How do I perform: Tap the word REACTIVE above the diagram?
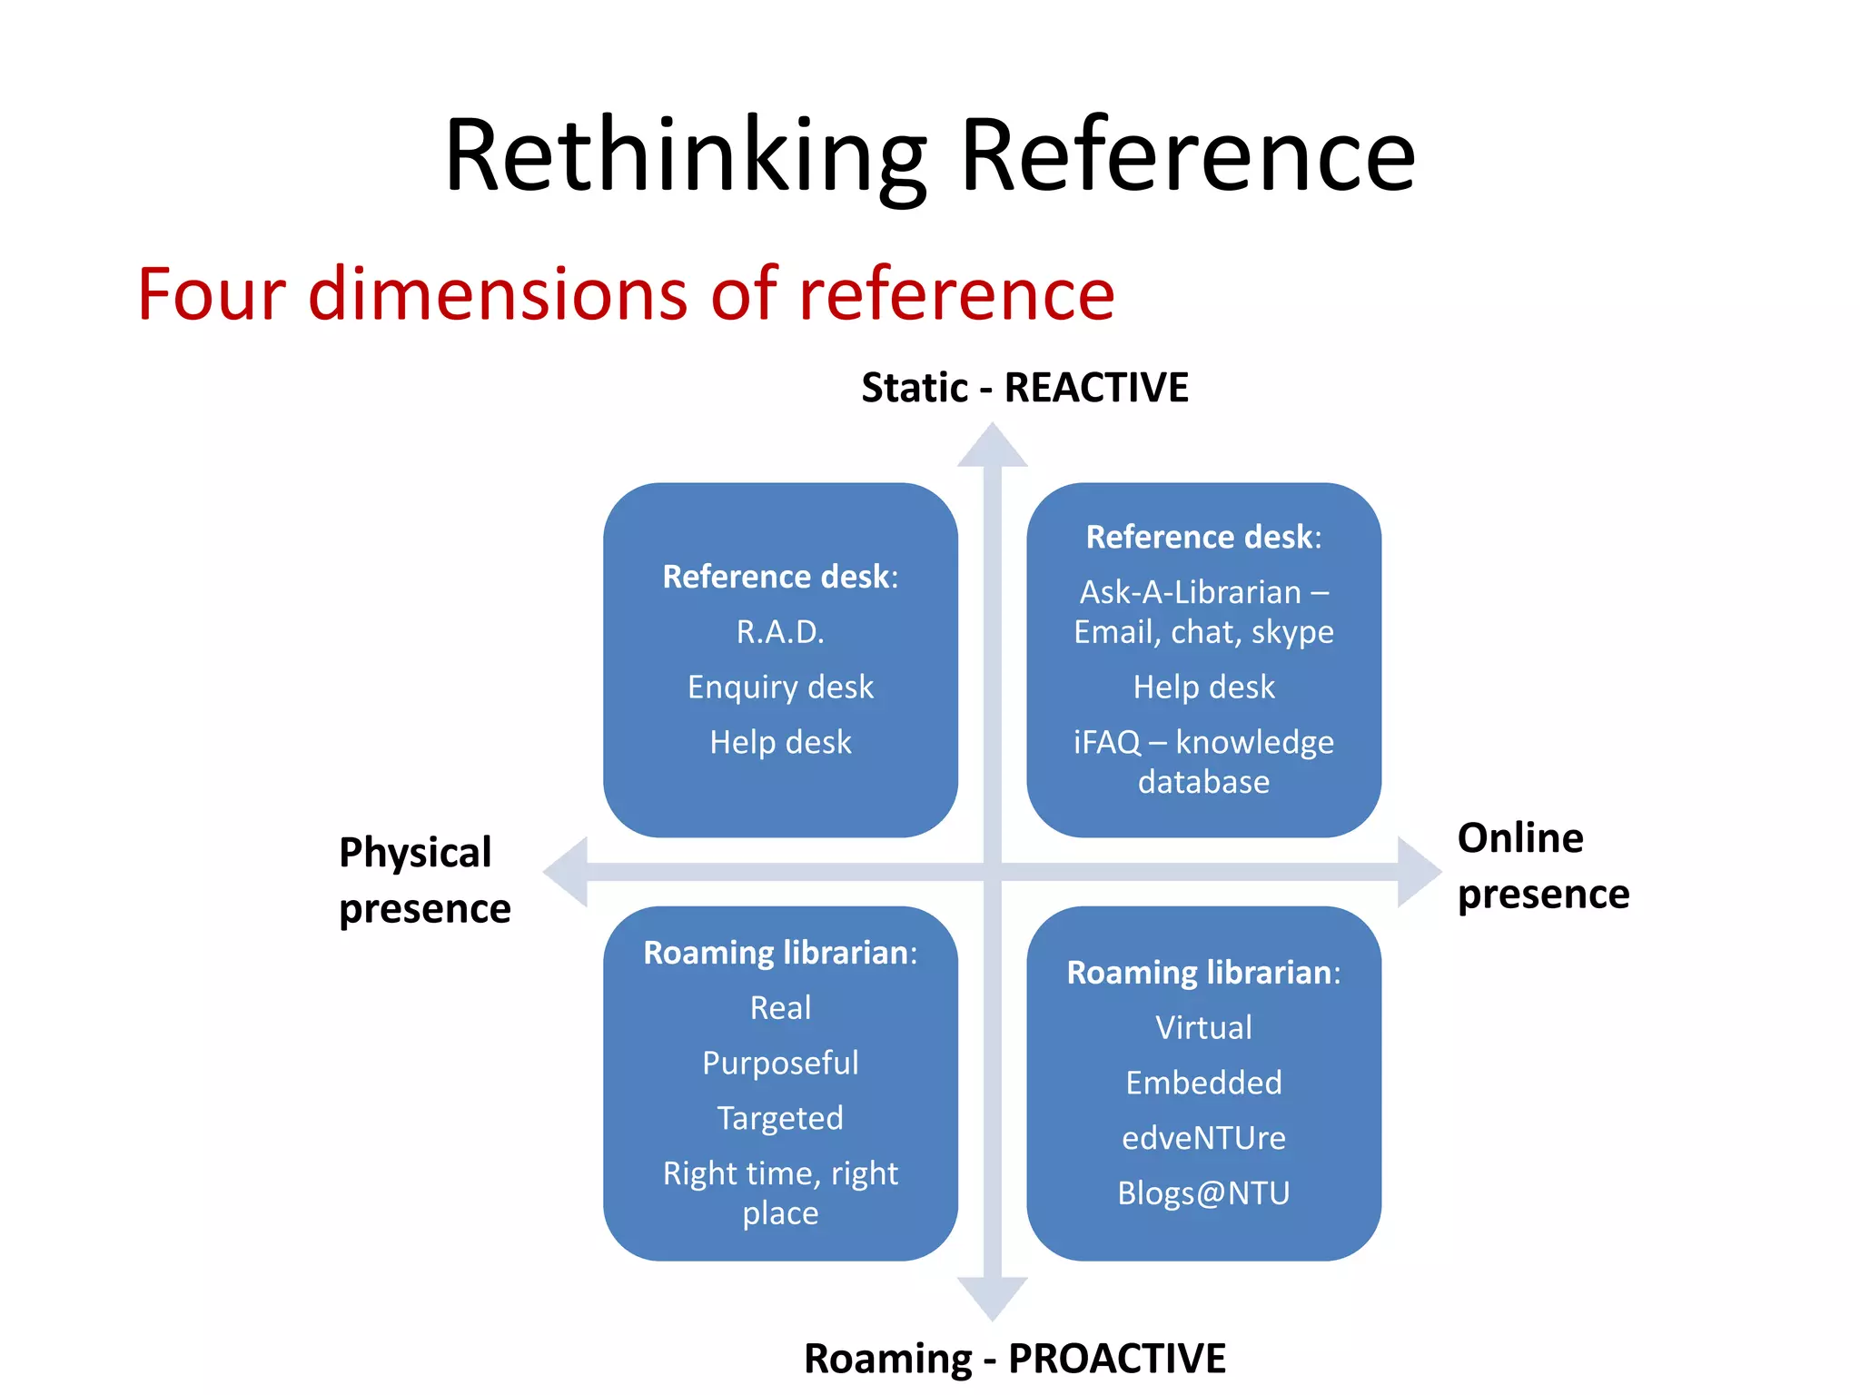(1096, 388)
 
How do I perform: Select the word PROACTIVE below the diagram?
(1117, 1359)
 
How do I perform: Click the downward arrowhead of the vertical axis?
(993, 1297)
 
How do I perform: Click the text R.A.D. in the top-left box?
(780, 632)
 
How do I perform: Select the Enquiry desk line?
(780, 688)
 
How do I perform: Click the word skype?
(1292, 632)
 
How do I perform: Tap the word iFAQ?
(1106, 743)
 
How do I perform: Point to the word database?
(1203, 782)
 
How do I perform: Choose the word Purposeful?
(780, 1064)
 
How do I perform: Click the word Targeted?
(780, 1119)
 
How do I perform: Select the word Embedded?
(1203, 1083)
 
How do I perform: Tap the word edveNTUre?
(1203, 1139)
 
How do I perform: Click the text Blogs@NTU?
(1203, 1193)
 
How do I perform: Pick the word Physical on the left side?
(415, 853)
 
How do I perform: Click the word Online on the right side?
(1520, 838)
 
